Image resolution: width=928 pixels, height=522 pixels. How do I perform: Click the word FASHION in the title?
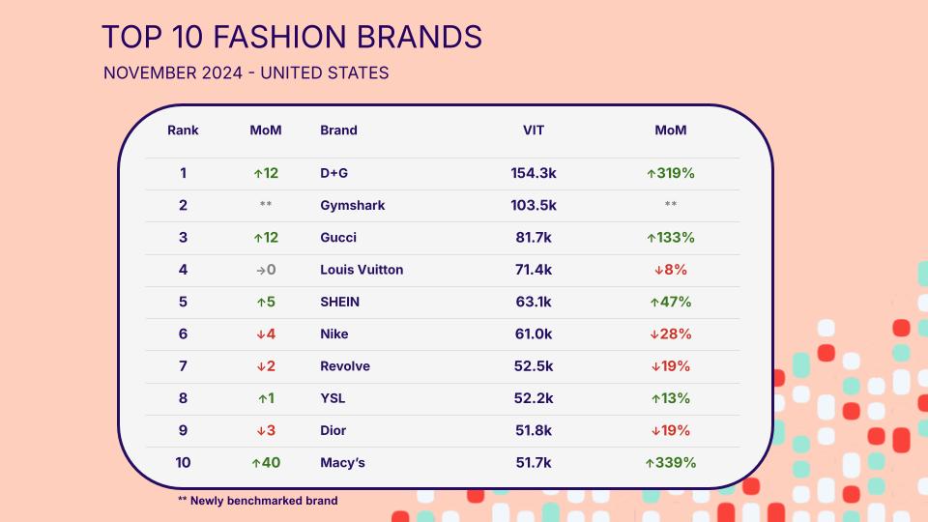[x=280, y=37]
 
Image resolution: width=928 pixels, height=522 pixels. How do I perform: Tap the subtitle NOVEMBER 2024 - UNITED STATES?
[x=246, y=72]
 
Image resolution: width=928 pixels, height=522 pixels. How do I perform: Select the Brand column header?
[x=338, y=130]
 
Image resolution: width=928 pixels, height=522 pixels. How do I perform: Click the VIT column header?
[x=534, y=130]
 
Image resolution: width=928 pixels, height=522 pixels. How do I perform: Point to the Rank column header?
[x=183, y=130]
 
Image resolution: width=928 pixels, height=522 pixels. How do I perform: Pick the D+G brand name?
[x=333, y=173]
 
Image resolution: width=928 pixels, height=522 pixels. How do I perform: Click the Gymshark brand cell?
[x=353, y=205]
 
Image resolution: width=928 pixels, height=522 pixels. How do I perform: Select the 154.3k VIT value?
[x=534, y=173]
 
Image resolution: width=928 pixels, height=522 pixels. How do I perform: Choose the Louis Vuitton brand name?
[x=362, y=270]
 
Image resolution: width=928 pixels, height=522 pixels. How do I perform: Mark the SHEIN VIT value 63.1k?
[x=534, y=302]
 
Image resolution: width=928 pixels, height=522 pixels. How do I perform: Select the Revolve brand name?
[x=345, y=365]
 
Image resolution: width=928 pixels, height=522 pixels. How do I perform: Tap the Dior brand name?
[x=333, y=430]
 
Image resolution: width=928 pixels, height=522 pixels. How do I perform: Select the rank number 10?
[x=183, y=462]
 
